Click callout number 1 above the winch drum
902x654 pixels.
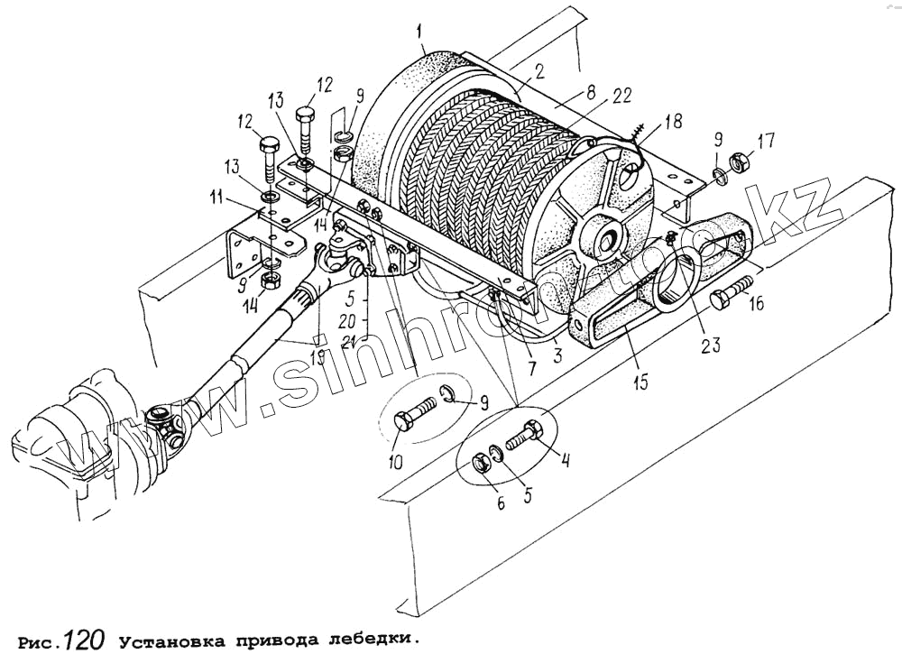(x=419, y=36)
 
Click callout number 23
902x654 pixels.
(x=712, y=344)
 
